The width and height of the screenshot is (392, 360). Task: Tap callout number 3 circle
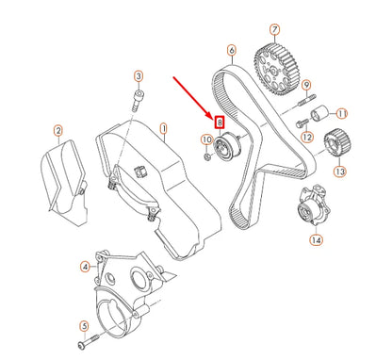[138, 76]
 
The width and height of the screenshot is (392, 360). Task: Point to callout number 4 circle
[85, 266]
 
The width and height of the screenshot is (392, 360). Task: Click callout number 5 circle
[83, 328]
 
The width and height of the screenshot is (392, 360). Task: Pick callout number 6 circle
[231, 49]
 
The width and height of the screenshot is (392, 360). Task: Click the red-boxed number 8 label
[220, 122]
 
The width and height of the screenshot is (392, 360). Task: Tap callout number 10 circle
[204, 140]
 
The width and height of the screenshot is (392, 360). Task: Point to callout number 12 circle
[306, 137]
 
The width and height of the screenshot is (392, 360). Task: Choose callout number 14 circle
[316, 240]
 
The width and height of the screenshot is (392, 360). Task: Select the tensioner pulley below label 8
[228, 149]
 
